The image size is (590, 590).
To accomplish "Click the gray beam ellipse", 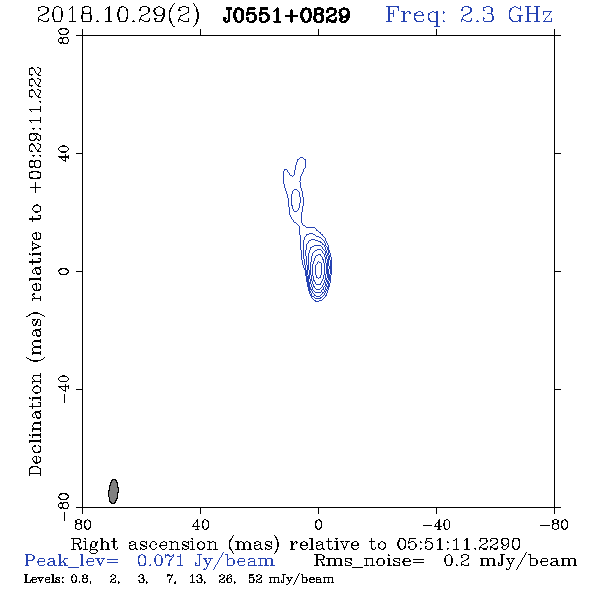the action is pyautogui.click(x=113, y=491).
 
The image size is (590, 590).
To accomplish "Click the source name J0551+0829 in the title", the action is pyautogui.click(x=286, y=15).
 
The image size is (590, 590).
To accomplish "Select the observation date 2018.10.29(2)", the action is pyautogui.click(x=118, y=16).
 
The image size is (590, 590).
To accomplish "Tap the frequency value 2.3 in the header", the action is pyautogui.click(x=477, y=15).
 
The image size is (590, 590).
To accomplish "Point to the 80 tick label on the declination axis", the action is pyautogui.click(x=64, y=36).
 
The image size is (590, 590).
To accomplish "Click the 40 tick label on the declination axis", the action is pyautogui.click(x=64, y=154).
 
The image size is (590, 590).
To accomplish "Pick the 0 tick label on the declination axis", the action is pyautogui.click(x=64, y=271).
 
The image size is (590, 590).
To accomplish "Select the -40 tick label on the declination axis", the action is pyautogui.click(x=64, y=389).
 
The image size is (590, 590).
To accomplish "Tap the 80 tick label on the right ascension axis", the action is pyautogui.click(x=82, y=525).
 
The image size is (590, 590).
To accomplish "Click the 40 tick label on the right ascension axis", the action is pyautogui.click(x=200, y=525).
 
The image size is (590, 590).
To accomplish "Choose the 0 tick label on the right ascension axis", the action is pyautogui.click(x=318, y=525).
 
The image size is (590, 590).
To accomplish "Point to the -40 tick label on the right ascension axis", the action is pyautogui.click(x=436, y=525).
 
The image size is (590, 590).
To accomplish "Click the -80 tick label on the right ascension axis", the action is pyautogui.click(x=554, y=525).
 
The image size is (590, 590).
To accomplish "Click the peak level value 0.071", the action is pyautogui.click(x=161, y=561).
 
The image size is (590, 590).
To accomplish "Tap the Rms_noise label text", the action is pyautogui.click(x=369, y=561).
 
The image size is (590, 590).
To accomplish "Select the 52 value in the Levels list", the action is pyautogui.click(x=255, y=579).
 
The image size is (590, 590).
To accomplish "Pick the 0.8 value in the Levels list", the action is pyautogui.click(x=81, y=579).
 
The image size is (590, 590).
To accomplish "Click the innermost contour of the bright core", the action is pyautogui.click(x=319, y=268).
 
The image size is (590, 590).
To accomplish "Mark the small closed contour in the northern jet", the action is pyautogui.click(x=296, y=200).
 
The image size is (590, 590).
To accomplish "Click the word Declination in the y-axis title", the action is pyautogui.click(x=35, y=424).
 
